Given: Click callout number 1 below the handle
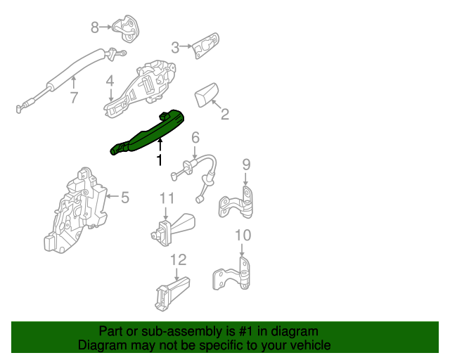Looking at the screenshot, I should pyautogui.click(x=159, y=161).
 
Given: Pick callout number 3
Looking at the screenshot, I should pyautogui.click(x=175, y=47).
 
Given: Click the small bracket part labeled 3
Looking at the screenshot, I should pyautogui.click(x=205, y=46).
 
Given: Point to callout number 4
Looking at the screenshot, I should pyautogui.click(x=110, y=83).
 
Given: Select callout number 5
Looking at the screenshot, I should pyautogui.click(x=125, y=198).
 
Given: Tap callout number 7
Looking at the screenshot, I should pyautogui.click(x=73, y=98).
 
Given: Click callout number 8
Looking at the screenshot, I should pyautogui.click(x=96, y=27).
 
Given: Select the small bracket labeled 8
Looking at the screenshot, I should pyautogui.click(x=127, y=27).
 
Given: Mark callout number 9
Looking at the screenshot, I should pyautogui.click(x=246, y=165).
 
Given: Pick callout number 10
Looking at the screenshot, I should pyautogui.click(x=242, y=235).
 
